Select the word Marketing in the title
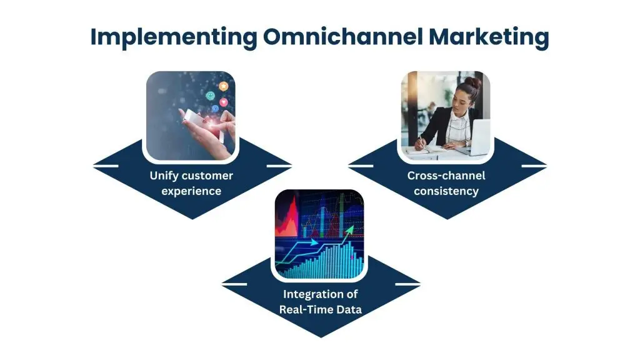(488, 37)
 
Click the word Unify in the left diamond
(164, 176)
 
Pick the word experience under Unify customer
(191, 191)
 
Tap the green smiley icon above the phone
(210, 97)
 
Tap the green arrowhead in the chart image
(351, 229)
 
